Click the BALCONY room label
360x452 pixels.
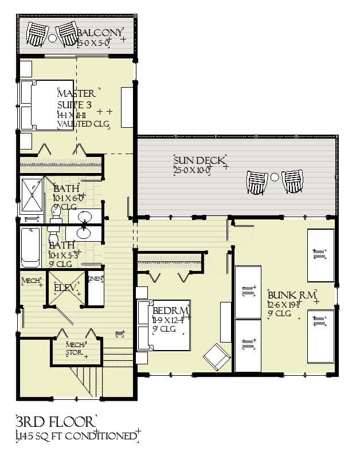101,33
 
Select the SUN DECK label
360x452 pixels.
199,160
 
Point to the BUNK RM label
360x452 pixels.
292,295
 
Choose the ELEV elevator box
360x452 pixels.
65,288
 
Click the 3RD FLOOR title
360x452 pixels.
56,423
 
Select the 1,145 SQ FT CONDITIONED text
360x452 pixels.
77,437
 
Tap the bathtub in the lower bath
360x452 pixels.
31,247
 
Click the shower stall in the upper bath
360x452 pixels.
32,195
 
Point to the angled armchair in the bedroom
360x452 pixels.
217,356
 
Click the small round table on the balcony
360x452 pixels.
53,38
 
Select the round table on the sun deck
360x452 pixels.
275,177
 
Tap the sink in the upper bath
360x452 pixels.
84,217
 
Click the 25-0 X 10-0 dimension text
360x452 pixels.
193,170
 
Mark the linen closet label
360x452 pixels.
95,278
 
